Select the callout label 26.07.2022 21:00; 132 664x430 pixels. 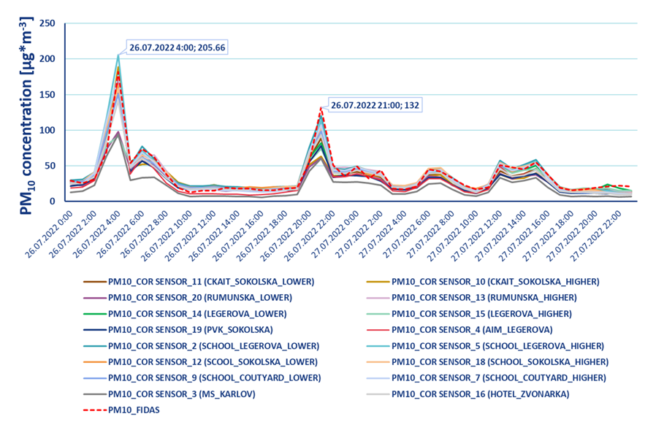click(x=375, y=104)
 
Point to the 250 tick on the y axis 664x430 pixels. click(x=47, y=23)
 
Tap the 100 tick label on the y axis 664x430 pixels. click(x=47, y=130)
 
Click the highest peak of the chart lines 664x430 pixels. click(x=118, y=55)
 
